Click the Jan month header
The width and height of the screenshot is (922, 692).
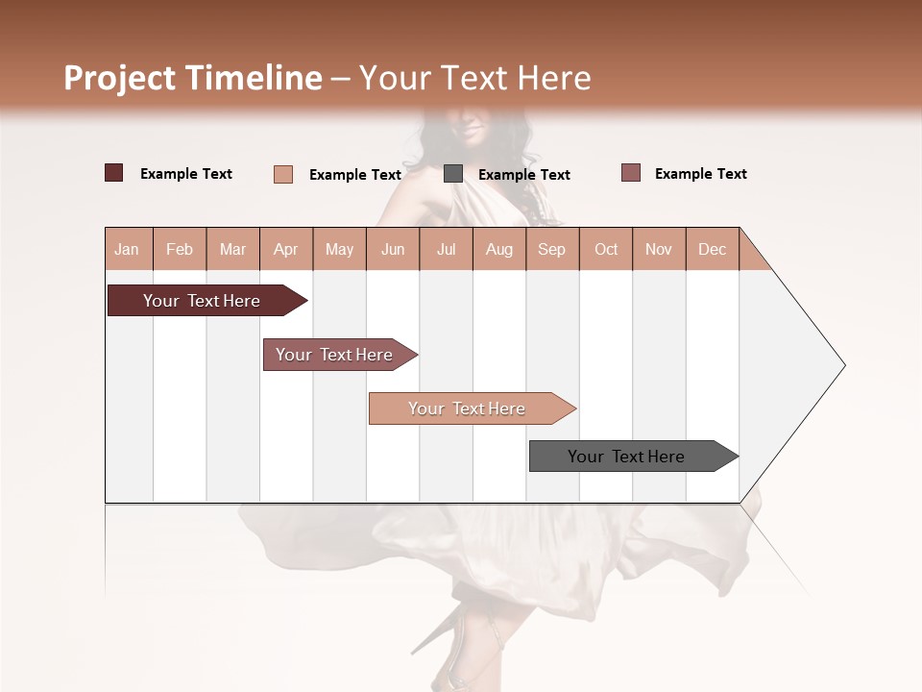click(127, 249)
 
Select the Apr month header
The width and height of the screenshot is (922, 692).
click(285, 249)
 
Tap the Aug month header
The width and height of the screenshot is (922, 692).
click(498, 249)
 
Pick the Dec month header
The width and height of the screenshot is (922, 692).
click(712, 249)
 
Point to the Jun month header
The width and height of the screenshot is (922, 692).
click(392, 249)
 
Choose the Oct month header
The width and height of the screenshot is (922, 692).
click(605, 249)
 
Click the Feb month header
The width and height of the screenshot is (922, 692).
click(180, 249)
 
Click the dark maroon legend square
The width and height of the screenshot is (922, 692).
click(114, 173)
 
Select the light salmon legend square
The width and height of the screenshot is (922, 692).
click(283, 174)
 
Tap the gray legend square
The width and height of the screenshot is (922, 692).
click(453, 174)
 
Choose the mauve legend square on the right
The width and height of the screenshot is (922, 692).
click(631, 173)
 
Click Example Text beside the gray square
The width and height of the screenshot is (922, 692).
click(523, 175)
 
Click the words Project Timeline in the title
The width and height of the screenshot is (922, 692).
click(192, 78)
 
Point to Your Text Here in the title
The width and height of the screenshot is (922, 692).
click(474, 78)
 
